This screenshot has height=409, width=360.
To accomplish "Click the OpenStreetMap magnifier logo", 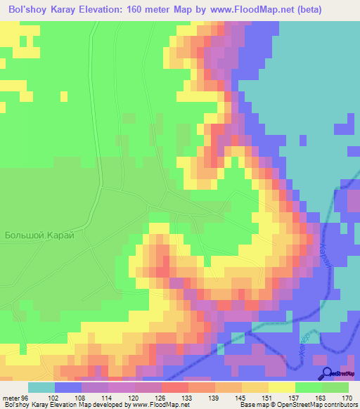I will click(x=328, y=373).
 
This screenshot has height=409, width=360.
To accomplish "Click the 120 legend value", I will click(x=134, y=398).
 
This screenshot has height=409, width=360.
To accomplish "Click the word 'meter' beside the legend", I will click(x=11, y=398).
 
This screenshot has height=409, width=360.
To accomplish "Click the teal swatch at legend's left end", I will click(x=41, y=387).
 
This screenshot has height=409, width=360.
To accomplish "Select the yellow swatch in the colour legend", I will click(x=281, y=387).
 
